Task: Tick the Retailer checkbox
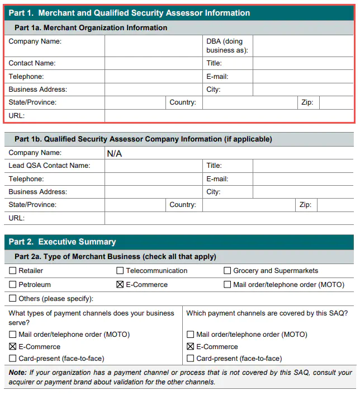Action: click(x=13, y=271)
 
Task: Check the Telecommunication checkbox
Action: click(x=120, y=271)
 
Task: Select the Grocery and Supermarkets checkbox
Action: click(x=228, y=271)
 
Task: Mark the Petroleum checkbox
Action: click(x=13, y=285)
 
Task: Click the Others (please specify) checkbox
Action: click(x=13, y=299)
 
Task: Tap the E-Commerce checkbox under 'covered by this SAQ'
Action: click(x=191, y=347)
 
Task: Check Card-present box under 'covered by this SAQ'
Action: click(x=191, y=359)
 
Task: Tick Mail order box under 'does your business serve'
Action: click(x=13, y=335)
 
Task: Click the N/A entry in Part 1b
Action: click(x=115, y=153)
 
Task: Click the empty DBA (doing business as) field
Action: click(x=303, y=46)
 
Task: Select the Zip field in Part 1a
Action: click(x=336, y=102)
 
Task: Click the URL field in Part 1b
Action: click(x=229, y=218)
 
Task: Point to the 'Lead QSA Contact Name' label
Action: click(x=49, y=166)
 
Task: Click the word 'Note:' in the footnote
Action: click(x=18, y=373)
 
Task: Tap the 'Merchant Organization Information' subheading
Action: click(x=91, y=27)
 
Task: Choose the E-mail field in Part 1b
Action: click(x=303, y=179)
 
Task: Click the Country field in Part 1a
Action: click(x=249, y=102)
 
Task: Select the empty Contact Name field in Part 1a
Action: click(x=154, y=63)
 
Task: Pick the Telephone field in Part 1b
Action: click(x=154, y=179)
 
